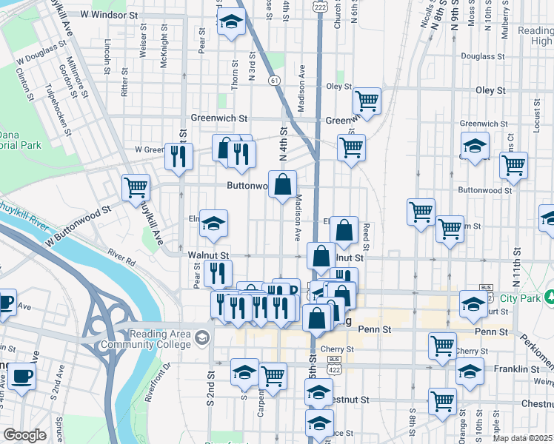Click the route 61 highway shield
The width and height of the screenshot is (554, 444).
click(275, 79)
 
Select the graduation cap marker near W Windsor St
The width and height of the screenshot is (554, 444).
click(231, 22)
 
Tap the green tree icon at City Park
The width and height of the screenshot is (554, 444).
click(550, 297)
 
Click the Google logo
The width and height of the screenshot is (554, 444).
click(24, 435)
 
